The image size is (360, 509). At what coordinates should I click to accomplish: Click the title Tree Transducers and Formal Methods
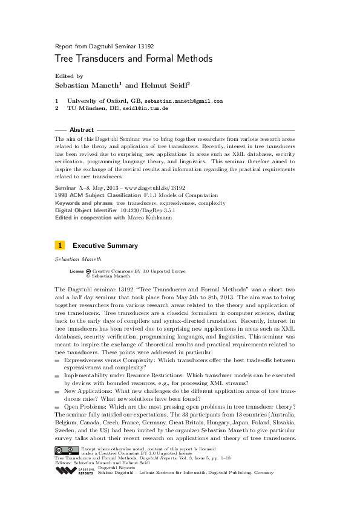(133, 59)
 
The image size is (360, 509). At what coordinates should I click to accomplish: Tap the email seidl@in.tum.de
(146, 109)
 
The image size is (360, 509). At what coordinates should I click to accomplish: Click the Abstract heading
(82, 130)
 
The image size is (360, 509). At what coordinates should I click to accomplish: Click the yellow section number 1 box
(60, 245)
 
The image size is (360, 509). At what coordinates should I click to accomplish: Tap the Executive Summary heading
(105, 246)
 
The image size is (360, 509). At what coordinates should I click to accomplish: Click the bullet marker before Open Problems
(57, 406)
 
